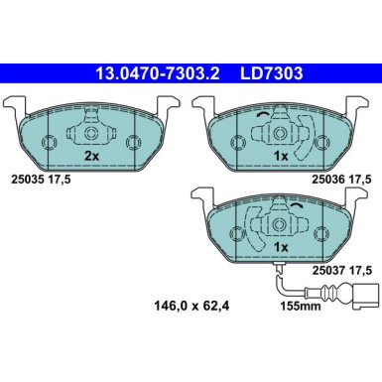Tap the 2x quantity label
point(90,157)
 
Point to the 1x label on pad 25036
point(281,157)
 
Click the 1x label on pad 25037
point(281,246)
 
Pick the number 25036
point(327,180)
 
